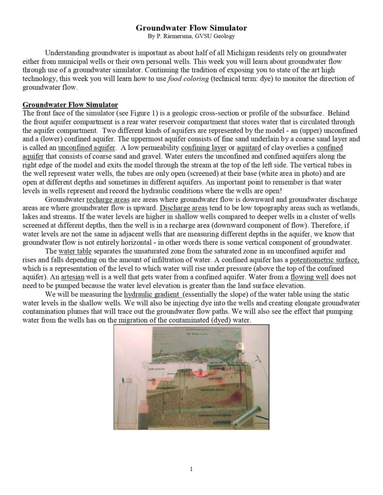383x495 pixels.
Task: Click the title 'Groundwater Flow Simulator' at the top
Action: pyautogui.click(x=191, y=28)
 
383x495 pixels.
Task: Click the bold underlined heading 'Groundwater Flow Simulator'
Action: pyautogui.click(x=70, y=105)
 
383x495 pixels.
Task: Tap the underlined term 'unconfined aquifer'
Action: pyautogui.click(x=87, y=148)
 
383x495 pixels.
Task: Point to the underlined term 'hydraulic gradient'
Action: pyautogui.click(x=153, y=294)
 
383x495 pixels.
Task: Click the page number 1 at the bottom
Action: pyautogui.click(x=191, y=469)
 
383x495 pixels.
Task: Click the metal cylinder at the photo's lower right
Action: pyautogui.click(x=253, y=413)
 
